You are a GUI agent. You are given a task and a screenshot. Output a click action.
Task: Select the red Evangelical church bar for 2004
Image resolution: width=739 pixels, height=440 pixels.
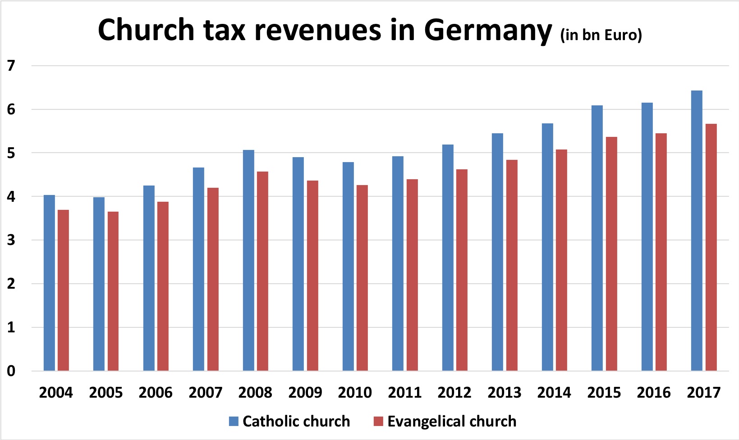pyautogui.click(x=63, y=290)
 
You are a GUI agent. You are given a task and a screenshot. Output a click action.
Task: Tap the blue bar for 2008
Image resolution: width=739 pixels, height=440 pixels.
pyautogui.click(x=248, y=260)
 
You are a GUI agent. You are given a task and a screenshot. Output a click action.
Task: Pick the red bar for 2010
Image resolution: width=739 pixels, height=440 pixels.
pyautogui.click(x=362, y=278)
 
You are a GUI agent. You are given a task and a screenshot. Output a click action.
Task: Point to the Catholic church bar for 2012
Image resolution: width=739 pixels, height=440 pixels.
pyautogui.click(x=448, y=258)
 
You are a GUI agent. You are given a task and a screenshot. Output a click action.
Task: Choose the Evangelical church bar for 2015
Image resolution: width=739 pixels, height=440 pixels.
pyautogui.click(x=611, y=254)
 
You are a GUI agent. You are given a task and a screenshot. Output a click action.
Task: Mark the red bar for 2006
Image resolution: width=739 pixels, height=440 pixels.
pyautogui.click(x=163, y=286)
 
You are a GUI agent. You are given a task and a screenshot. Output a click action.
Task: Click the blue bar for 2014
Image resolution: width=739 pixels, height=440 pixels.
pyautogui.click(x=547, y=247)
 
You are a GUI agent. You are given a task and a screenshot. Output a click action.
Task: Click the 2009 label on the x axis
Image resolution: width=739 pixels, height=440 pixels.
pyautogui.click(x=305, y=393)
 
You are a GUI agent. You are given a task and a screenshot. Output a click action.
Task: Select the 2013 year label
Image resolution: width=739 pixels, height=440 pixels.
pyautogui.click(x=505, y=393)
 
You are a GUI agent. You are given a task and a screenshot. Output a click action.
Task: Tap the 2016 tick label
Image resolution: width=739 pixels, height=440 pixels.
pyautogui.click(x=654, y=393)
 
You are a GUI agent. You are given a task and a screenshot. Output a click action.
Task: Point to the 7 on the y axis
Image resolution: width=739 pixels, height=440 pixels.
pyautogui.click(x=11, y=66)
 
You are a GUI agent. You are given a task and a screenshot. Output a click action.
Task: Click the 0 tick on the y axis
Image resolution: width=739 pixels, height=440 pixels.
pyautogui.click(x=11, y=371)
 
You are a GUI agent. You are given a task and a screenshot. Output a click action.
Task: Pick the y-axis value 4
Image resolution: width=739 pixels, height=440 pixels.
pyautogui.click(x=11, y=197)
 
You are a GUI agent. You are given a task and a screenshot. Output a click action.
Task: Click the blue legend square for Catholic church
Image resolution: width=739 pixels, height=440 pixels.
pyautogui.click(x=234, y=422)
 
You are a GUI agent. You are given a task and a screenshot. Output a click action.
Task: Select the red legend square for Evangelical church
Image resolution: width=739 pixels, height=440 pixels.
pyautogui.click(x=379, y=422)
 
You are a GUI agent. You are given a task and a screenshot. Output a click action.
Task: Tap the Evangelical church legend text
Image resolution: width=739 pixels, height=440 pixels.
pyautogui.click(x=452, y=422)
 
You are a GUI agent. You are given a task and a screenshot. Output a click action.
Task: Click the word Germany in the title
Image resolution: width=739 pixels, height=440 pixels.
pyautogui.click(x=488, y=31)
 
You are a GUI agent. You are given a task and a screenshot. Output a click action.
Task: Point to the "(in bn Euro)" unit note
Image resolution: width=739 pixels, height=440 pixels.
pyautogui.click(x=601, y=35)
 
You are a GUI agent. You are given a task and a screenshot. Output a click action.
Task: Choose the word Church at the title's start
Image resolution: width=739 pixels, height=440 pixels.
pyautogui.click(x=146, y=30)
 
